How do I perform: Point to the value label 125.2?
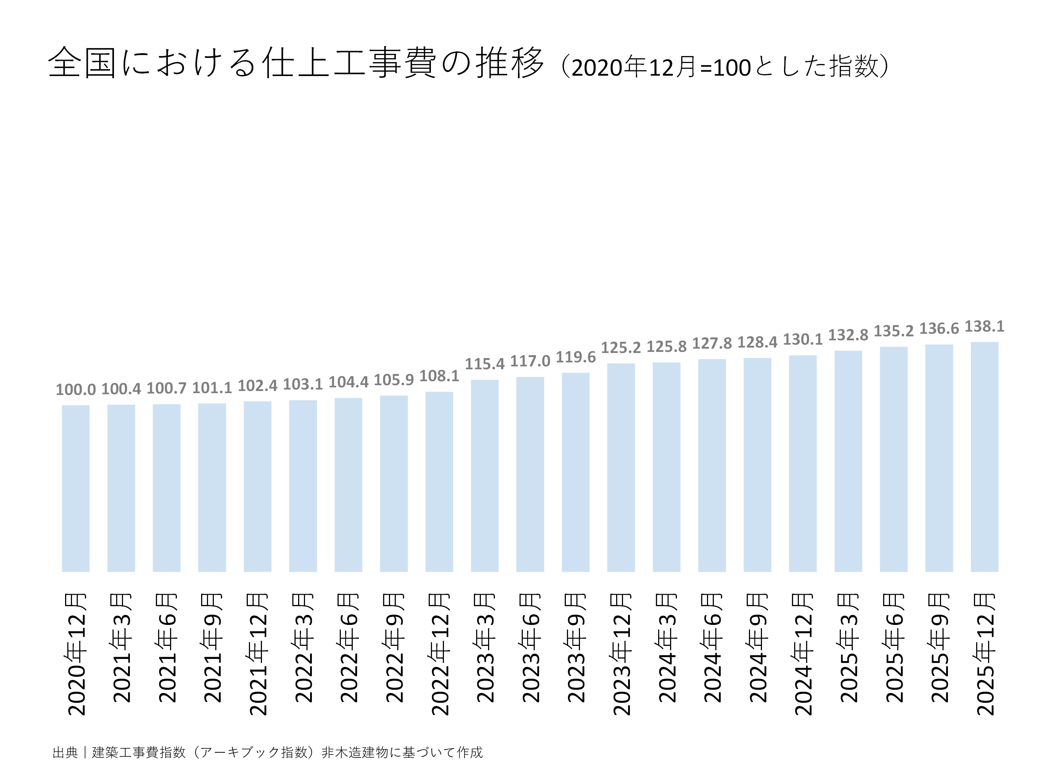tap(620, 348)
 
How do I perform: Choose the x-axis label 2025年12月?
tap(985, 654)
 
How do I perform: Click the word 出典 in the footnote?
tap(65, 752)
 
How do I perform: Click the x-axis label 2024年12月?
tap(803, 654)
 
